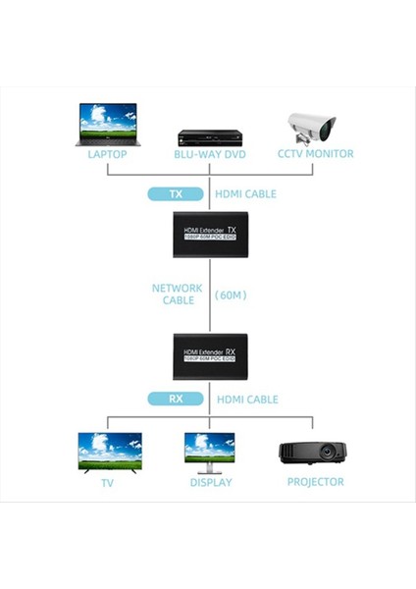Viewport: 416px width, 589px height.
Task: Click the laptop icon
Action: (108, 124)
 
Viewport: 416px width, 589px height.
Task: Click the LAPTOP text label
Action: (108, 154)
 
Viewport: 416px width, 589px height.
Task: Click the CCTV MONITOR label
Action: (316, 154)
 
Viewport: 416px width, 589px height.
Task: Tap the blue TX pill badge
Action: (176, 194)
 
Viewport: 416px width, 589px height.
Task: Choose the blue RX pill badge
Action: (176, 400)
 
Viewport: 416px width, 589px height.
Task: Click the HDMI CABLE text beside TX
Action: (245, 194)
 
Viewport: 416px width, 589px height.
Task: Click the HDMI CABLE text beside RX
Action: (247, 400)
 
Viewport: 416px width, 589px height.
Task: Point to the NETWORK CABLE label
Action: (178, 294)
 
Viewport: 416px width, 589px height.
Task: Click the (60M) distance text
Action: (233, 294)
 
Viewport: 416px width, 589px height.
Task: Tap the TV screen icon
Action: (110, 451)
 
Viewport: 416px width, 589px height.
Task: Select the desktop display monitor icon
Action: (210, 451)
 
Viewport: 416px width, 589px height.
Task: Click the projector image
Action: (313, 453)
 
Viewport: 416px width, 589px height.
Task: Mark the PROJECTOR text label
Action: (316, 482)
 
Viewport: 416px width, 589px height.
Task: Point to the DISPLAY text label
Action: (211, 482)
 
